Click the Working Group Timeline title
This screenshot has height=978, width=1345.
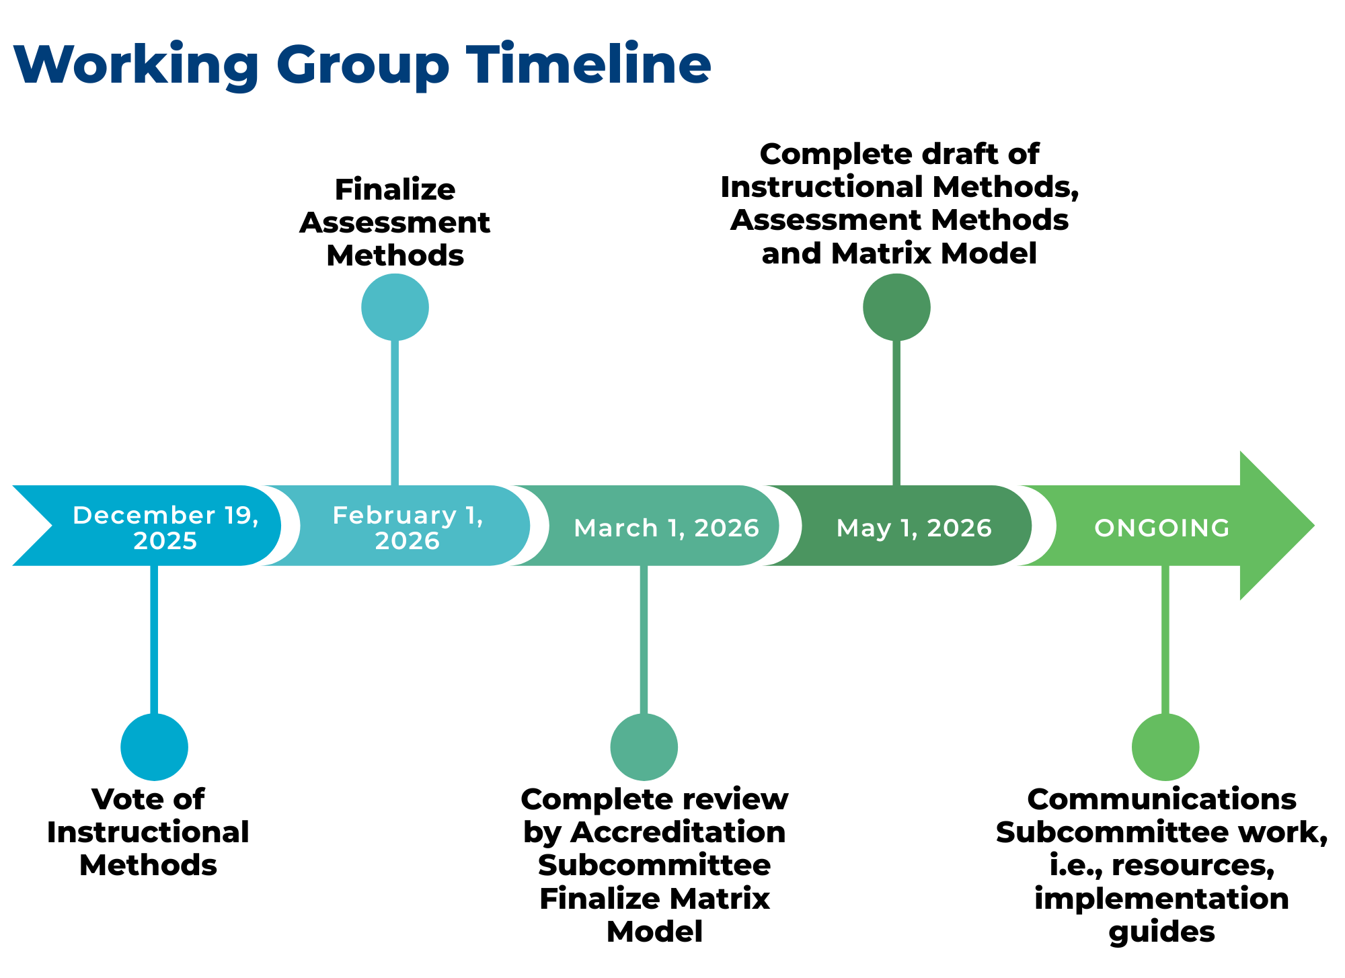362,65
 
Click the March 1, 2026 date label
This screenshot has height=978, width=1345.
666,528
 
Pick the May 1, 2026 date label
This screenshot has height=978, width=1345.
914,528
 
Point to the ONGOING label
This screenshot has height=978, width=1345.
1161,528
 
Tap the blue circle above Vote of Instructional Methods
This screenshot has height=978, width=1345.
154,747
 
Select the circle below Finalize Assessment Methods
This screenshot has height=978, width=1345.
395,307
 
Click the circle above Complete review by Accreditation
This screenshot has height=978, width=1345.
644,747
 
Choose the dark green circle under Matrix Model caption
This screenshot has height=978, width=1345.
896,307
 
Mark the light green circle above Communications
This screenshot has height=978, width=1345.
1165,747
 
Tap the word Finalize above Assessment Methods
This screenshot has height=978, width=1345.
395,190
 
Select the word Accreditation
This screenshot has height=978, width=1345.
678,832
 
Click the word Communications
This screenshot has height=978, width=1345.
1161,799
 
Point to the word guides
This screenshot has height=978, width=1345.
1161,932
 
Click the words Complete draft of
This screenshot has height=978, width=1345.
899,154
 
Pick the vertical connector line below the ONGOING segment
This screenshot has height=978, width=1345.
1165,639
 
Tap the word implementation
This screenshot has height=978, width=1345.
1161,899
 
